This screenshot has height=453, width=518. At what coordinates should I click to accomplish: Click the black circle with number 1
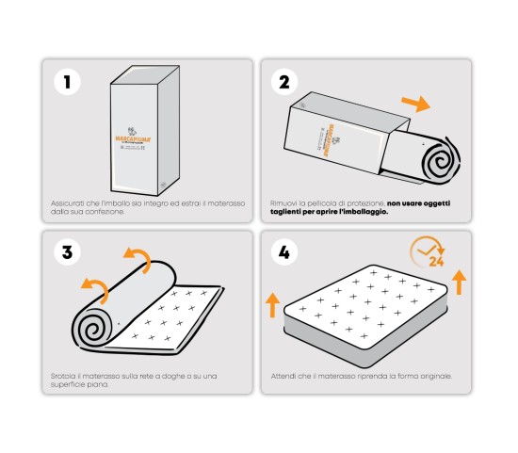(66, 82)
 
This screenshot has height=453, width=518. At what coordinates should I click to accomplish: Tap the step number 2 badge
(284, 82)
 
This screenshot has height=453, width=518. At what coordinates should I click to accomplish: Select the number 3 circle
(66, 252)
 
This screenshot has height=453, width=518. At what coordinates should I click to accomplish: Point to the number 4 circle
(284, 252)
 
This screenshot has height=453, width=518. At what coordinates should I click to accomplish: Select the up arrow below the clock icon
(459, 281)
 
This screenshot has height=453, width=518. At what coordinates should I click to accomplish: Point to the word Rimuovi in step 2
(284, 202)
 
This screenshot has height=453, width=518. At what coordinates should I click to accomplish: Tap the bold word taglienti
(287, 212)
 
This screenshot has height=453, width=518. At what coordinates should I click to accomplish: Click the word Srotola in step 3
(64, 376)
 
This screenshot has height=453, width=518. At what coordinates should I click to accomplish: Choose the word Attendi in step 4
(283, 376)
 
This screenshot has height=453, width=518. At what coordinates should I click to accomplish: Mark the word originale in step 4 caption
(434, 376)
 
